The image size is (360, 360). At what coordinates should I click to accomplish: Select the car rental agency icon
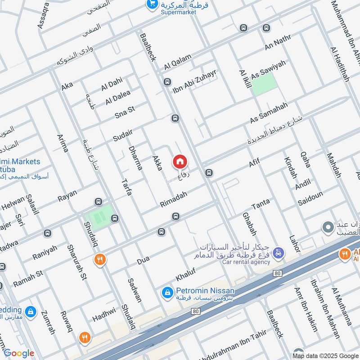pyautogui.click(x=279, y=253)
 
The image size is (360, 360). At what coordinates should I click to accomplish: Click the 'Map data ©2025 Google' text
pyautogui.click(x=325, y=354)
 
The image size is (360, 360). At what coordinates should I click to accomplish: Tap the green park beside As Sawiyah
pyautogui.click(x=263, y=84)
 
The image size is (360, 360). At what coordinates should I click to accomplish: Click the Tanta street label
pyautogui.click(x=261, y=203)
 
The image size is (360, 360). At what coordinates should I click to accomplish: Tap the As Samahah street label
pyautogui.click(x=269, y=113)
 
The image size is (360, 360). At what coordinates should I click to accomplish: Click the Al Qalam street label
pyautogui.click(x=178, y=62)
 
